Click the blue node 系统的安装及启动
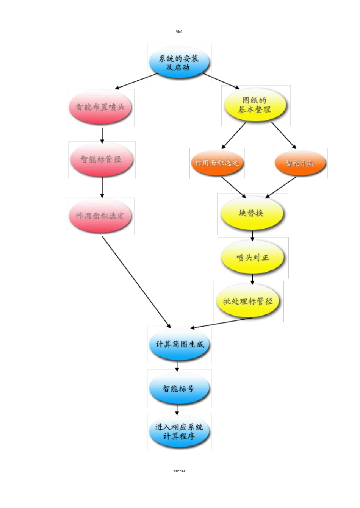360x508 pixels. pyautogui.click(x=179, y=63)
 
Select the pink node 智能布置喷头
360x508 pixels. pyautogui.click(x=100, y=107)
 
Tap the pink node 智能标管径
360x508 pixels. pyautogui.click(x=101, y=159)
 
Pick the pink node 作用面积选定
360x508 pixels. pyautogui.click(x=100, y=216)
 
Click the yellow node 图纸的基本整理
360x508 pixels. pyautogui.click(x=255, y=105)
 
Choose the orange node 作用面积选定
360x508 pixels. pyautogui.click(x=217, y=163)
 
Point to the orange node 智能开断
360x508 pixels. pyautogui.click(x=300, y=163)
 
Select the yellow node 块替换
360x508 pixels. pyautogui.click(x=252, y=213)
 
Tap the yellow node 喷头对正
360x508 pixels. pyautogui.click(x=252, y=258)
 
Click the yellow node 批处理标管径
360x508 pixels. pyautogui.click(x=248, y=301)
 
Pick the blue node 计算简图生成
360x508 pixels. pyautogui.click(x=179, y=344)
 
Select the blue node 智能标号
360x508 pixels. pyautogui.click(x=179, y=388)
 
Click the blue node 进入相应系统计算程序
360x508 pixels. pyautogui.click(x=179, y=431)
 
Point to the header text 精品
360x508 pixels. pyautogui.click(x=179, y=31)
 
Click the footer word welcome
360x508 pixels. pyautogui.click(x=179, y=471)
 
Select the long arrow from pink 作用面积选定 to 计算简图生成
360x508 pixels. pyautogui.click(x=136, y=282)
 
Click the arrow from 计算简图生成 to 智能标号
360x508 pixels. pyautogui.click(x=177, y=367)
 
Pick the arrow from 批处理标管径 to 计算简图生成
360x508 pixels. pyautogui.click(x=222, y=323)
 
